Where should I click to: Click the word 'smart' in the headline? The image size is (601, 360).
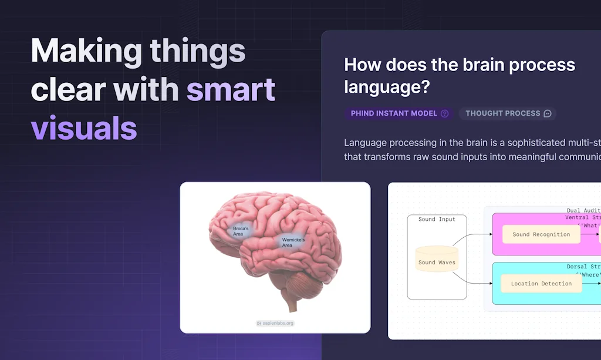point(231,90)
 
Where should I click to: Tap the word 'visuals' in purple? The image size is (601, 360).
point(83,127)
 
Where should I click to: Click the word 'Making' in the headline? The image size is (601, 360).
point(86,52)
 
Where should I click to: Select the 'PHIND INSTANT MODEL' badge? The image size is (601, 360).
point(394,113)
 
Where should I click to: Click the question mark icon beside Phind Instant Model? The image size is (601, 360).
point(444,113)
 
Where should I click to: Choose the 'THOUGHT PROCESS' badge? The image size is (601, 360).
point(502,113)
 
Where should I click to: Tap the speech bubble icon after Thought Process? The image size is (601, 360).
point(548,113)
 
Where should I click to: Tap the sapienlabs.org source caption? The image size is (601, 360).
point(275,323)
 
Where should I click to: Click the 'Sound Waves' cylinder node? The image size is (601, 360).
point(436,262)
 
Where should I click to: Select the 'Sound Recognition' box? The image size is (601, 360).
point(541,234)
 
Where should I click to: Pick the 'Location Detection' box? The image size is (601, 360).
point(541,284)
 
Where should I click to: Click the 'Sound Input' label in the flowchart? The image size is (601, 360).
point(436,219)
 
